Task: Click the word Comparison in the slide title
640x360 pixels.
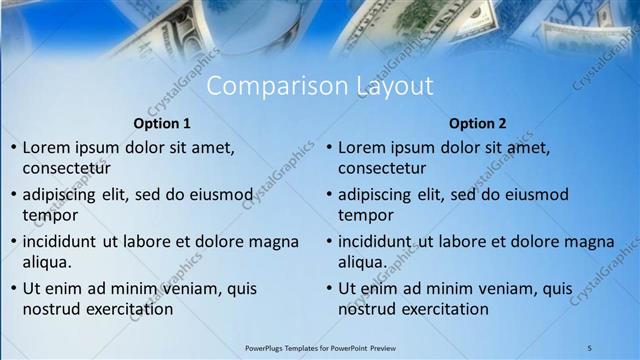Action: tap(269, 87)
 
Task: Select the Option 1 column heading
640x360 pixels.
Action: tap(161, 124)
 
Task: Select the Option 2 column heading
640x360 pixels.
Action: tap(477, 124)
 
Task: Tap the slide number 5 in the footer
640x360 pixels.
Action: tap(590, 346)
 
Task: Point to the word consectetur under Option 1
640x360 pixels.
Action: tap(66, 168)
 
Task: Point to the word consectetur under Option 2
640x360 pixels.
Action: tap(382, 168)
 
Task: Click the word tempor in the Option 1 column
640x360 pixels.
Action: tap(49, 215)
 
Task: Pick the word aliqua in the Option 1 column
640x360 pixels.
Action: tap(46, 262)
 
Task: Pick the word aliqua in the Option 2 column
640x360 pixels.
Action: tap(362, 262)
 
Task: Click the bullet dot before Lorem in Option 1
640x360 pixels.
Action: tap(12, 148)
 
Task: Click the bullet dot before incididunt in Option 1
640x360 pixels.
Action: tap(12, 242)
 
